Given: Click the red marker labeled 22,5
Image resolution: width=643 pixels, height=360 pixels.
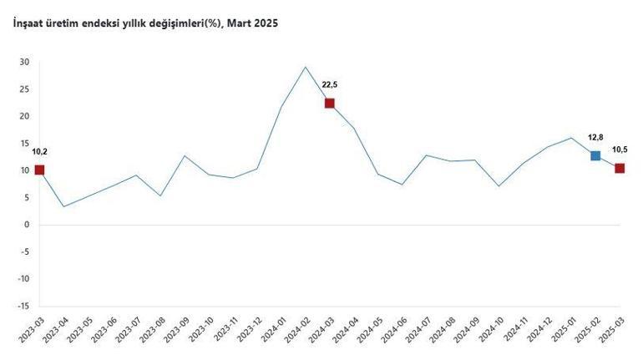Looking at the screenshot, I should pyautogui.click(x=330, y=103).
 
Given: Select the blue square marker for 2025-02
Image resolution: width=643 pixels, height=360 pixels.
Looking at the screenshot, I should pyautogui.click(x=595, y=155).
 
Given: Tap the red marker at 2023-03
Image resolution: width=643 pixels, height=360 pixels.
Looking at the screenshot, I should pyautogui.click(x=39, y=170).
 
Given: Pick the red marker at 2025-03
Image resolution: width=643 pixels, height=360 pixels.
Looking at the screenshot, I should pyautogui.click(x=620, y=168).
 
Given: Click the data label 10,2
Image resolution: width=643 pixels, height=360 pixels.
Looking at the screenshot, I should pyautogui.click(x=40, y=151).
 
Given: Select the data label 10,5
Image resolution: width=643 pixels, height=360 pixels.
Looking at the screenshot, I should pyautogui.click(x=620, y=150).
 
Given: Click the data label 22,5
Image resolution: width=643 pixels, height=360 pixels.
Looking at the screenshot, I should pyautogui.click(x=330, y=84).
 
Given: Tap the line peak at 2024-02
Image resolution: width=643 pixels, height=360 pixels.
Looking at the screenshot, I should pyautogui.click(x=306, y=67).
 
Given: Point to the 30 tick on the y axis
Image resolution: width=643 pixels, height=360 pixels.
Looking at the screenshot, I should pyautogui.click(x=24, y=63).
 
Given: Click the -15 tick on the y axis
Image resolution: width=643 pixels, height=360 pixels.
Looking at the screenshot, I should pyautogui.click(x=23, y=306).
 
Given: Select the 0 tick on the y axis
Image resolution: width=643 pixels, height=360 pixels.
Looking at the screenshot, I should pyautogui.click(x=27, y=225).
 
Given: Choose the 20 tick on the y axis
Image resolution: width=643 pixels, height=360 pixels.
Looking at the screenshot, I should pyautogui.click(x=24, y=116).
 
